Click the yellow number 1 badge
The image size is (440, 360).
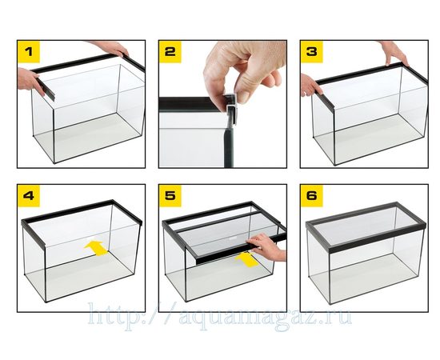coord(29,52)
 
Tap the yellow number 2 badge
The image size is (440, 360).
coord(170,52)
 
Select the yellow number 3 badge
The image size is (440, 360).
coord(312,52)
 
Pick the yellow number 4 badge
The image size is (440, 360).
coord(29,196)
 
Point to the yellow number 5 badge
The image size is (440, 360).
coord(170,196)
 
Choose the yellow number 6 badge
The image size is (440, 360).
coord(312,196)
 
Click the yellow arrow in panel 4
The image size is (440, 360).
coord(96,248)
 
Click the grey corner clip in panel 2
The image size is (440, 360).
coord(231,106)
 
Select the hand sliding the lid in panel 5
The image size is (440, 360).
coord(266,247)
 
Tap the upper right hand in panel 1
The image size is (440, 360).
coord(111,48)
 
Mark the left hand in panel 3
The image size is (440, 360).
coord(310,85)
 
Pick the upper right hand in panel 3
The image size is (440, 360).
coord(394,53)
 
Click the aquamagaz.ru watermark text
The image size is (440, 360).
coord(220,317)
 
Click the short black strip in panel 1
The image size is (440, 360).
coord(46,90)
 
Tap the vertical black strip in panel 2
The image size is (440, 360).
coord(229,144)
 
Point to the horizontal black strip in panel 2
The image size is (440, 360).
coord(192,104)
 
